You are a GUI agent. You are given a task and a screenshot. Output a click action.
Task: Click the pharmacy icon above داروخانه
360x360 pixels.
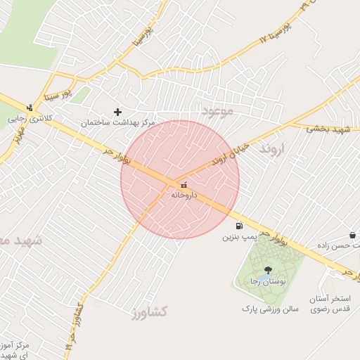(x=184, y=185)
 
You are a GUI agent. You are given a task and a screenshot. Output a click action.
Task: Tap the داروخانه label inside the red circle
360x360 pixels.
(x=184, y=195)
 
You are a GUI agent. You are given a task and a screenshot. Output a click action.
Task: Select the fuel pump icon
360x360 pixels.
(x=239, y=226)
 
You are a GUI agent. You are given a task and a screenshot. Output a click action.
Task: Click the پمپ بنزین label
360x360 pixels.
(x=236, y=237)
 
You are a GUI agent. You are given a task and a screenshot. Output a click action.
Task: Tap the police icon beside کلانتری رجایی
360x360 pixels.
(x=29, y=108)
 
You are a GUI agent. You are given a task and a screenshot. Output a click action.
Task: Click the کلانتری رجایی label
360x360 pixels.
(x=27, y=119)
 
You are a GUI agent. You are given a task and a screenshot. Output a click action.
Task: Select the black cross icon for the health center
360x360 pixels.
(x=117, y=112)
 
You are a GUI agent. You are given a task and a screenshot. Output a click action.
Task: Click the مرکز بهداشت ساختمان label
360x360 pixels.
(x=117, y=122)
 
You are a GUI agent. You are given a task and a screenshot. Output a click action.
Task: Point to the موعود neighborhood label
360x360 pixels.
(x=217, y=111)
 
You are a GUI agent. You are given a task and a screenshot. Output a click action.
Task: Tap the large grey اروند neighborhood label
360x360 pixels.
(x=274, y=150)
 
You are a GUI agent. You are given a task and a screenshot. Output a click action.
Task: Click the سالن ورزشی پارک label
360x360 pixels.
(x=271, y=309)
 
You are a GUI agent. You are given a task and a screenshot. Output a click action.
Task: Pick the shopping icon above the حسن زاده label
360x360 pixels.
(x=352, y=235)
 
